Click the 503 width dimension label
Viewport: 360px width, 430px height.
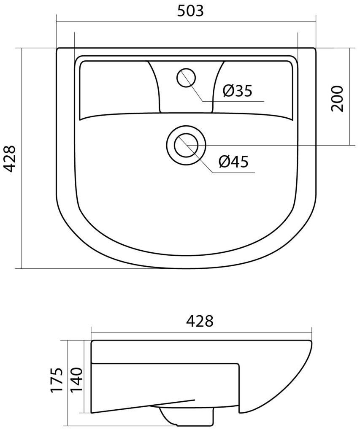[191, 11]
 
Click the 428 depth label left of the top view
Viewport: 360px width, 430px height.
[11, 159]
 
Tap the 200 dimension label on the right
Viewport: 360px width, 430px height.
[337, 98]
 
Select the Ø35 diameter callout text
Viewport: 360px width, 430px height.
[237, 90]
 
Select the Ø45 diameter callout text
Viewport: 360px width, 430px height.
[233, 162]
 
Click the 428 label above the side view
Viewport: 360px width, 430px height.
[200, 321]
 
